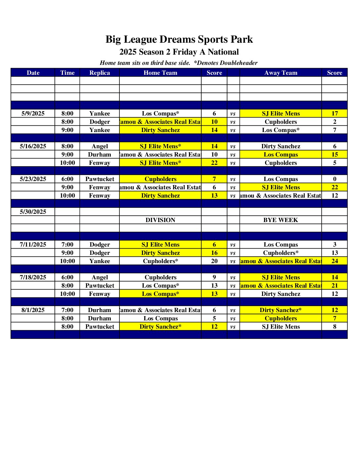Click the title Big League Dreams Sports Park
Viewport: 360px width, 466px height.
pos(179,39)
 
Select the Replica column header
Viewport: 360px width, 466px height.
pos(100,73)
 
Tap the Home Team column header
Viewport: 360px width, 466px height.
pos(160,73)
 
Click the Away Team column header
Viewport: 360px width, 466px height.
pos(281,73)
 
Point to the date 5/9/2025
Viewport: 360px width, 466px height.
pos(33,114)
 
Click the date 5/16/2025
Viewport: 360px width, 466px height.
pos(33,146)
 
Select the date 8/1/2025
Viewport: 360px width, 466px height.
pos(33,310)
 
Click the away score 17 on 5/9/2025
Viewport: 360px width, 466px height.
pos(335,114)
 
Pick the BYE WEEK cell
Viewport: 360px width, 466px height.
pos(281,220)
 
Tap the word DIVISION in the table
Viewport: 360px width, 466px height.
pos(160,220)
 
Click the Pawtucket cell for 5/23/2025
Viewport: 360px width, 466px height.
pos(100,179)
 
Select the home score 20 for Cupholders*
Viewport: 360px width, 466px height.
pos(214,261)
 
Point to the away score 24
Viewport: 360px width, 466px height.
pos(335,261)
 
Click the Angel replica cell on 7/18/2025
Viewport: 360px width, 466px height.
pos(100,277)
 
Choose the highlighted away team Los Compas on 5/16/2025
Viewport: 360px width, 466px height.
pos(281,155)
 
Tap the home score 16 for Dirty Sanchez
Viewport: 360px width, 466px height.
pos(214,253)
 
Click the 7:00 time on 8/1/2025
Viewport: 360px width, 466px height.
pos(67,310)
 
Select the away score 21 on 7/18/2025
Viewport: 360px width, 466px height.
pos(335,286)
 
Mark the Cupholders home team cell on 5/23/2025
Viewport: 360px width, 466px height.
pos(160,179)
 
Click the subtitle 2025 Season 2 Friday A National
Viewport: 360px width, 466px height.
pos(179,52)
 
